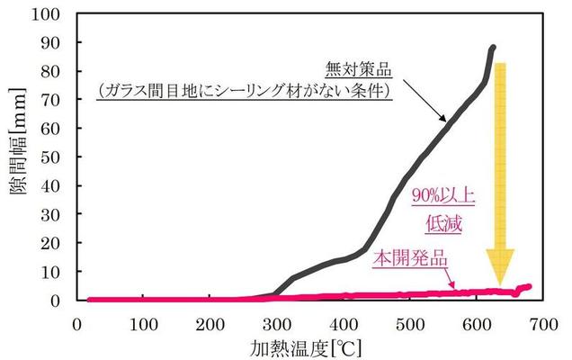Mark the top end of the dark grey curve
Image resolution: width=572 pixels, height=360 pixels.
[x=493, y=48]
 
